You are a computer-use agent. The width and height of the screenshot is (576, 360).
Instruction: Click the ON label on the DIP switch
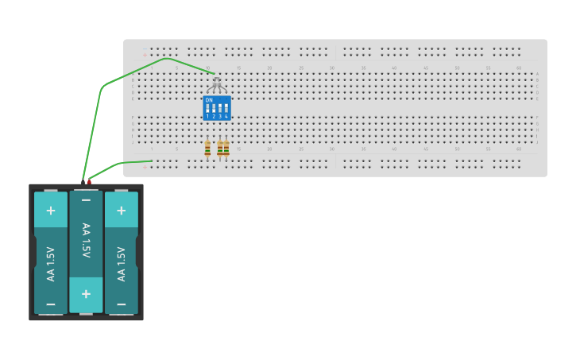tap(209, 100)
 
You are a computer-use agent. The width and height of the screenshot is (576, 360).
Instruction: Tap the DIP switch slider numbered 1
tap(207, 108)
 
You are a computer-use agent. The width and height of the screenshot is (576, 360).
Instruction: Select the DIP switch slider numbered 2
tap(214, 108)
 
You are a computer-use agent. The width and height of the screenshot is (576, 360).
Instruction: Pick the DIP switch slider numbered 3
tap(220, 108)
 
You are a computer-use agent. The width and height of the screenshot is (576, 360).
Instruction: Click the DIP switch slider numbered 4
tap(226, 108)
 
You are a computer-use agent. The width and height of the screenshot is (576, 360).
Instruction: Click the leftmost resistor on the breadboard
tap(207, 149)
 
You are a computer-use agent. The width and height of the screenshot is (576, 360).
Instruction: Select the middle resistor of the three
tap(220, 149)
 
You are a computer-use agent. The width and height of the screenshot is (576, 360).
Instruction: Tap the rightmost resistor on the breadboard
tap(226, 149)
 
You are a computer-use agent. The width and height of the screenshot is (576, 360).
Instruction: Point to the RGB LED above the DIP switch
tap(217, 81)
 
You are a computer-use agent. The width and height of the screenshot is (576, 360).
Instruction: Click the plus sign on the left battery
tap(51, 211)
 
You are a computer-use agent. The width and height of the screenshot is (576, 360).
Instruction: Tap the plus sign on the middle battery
tap(86, 293)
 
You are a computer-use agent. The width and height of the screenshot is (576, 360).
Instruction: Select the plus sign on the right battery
tap(121, 211)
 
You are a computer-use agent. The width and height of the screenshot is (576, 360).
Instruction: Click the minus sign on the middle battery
tap(86, 200)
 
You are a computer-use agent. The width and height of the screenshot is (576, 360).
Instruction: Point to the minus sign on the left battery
tap(51, 304)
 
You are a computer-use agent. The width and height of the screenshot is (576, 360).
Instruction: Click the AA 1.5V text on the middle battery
tap(86, 241)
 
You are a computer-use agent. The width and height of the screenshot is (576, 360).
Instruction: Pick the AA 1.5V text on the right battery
tap(121, 263)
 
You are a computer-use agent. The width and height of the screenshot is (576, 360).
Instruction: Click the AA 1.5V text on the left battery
tap(51, 263)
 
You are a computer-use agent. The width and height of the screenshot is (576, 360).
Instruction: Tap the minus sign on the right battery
tap(121, 304)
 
